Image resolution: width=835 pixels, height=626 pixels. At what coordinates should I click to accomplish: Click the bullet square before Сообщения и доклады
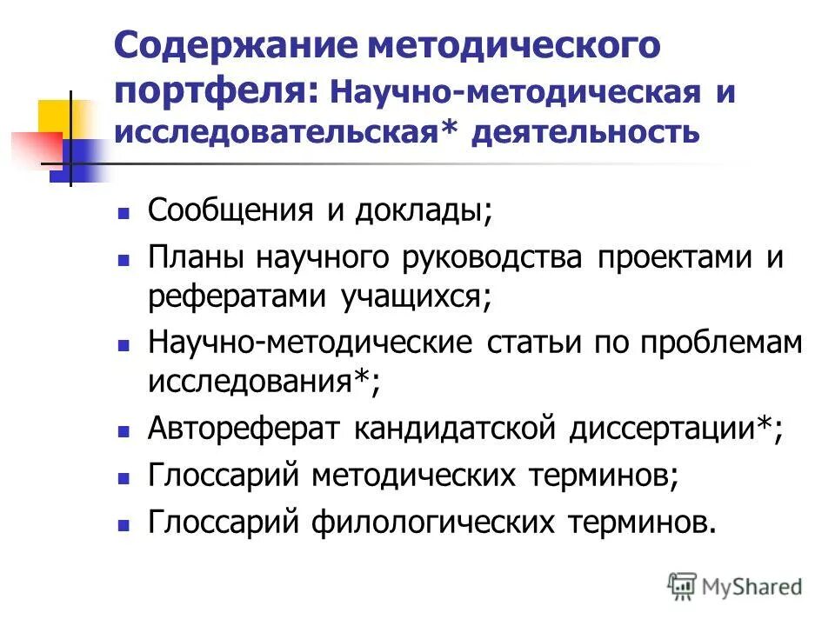(x=124, y=213)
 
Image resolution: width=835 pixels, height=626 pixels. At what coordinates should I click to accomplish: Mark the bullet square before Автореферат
(x=124, y=430)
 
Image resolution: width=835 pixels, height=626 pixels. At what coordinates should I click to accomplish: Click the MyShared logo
(x=735, y=586)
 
